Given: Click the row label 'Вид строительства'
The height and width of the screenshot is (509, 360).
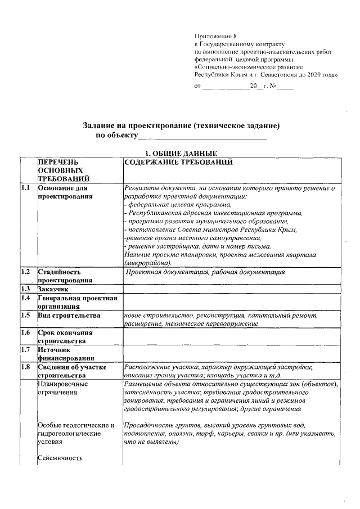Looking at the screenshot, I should click(69, 316).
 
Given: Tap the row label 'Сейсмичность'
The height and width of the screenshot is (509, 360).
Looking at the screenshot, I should click(60, 458).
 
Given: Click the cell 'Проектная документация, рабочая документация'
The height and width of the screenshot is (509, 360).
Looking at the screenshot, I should click(205, 272).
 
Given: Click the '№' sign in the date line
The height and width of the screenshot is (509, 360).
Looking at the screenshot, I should click(273, 87).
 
